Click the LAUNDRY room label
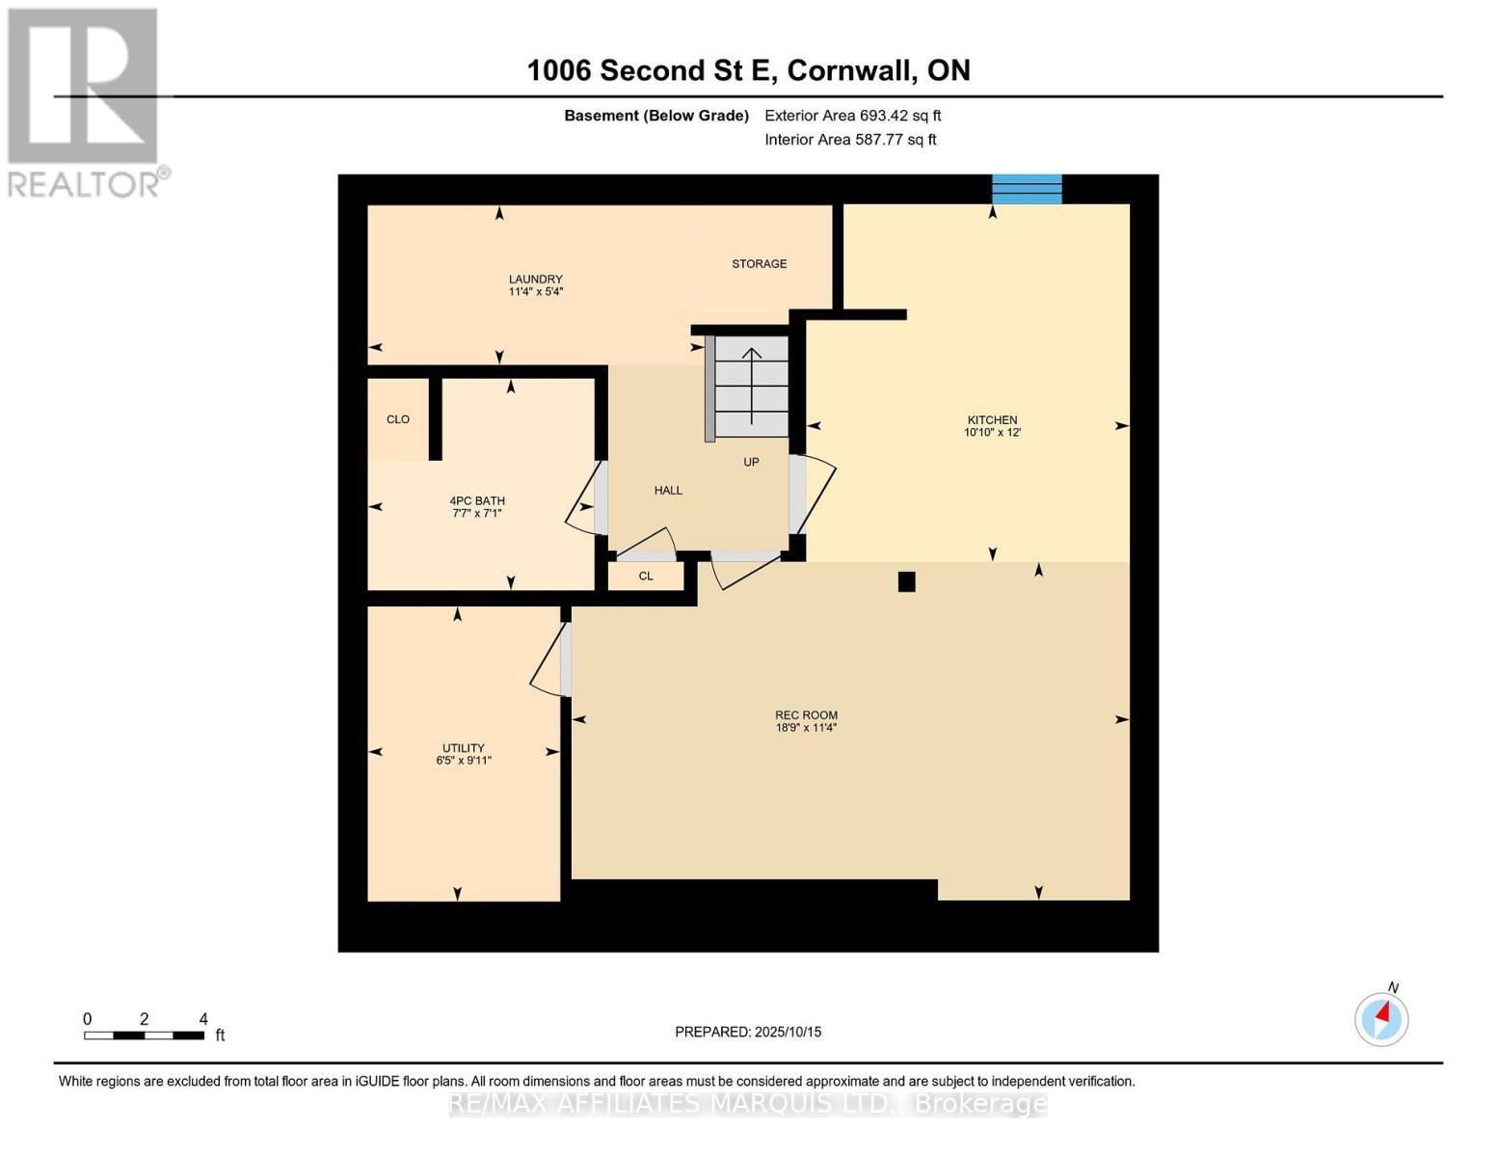[535, 280]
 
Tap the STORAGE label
[759, 264]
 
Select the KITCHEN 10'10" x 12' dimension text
[992, 433]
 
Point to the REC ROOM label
[806, 715]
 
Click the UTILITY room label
[463, 748]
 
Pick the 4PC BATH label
[477, 501]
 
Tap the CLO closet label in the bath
[398, 419]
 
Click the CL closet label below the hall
[646, 577]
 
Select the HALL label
[668, 491]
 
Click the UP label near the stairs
[751, 462]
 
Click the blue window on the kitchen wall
[1027, 189]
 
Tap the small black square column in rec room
[906, 581]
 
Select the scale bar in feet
[144, 1036]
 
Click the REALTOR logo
[84, 101]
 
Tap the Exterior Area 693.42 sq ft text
[852, 116]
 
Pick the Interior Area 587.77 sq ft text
[850, 140]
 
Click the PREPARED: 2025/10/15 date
[748, 1032]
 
